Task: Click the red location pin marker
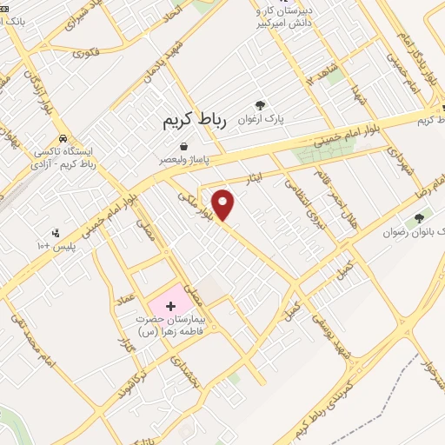click(x=224, y=205)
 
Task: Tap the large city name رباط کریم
click(x=194, y=122)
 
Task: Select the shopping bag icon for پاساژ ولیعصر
click(x=183, y=147)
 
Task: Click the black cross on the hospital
click(x=170, y=306)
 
